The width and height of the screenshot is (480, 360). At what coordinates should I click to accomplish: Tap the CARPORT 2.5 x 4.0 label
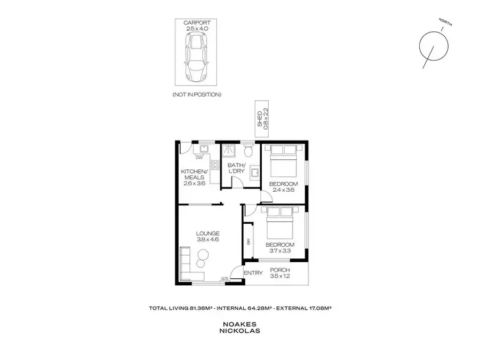tap(196, 26)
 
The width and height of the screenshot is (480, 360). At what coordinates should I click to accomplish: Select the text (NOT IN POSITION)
tap(196, 95)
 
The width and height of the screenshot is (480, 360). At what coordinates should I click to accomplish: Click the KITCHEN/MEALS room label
tap(194, 177)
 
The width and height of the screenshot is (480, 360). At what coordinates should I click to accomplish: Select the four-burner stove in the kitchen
tap(206, 164)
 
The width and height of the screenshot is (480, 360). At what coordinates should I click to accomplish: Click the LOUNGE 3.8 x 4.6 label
tap(208, 237)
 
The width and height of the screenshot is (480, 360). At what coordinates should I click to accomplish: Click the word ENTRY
tap(254, 273)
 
